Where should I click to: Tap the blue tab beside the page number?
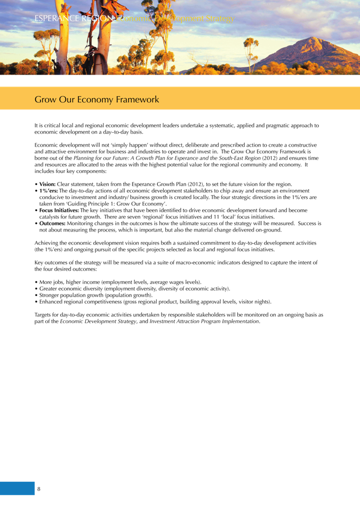pos(17,488)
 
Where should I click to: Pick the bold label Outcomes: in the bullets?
pos(52,224)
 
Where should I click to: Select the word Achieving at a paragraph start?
pos(46,243)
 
